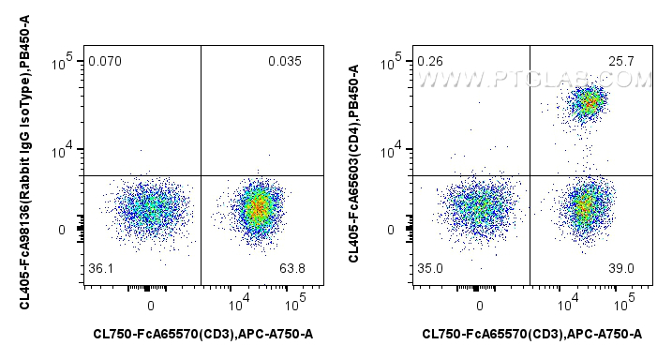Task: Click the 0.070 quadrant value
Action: pyautogui.click(x=105, y=63)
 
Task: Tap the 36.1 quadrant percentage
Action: pyautogui.click(x=100, y=270)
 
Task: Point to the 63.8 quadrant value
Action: pyautogui.click(x=292, y=270)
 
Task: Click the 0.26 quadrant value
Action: pyautogui.click(x=430, y=63)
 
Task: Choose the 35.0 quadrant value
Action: pyautogui.click(x=430, y=268)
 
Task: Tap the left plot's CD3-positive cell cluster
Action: pyautogui.click(x=259, y=207)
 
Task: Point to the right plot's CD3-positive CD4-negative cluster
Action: pyautogui.click(x=586, y=204)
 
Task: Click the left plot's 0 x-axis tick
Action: pyautogui.click(x=150, y=306)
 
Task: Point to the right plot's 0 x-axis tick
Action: pyautogui.click(x=479, y=306)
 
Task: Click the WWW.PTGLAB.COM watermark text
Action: pyautogui.click(x=525, y=69)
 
